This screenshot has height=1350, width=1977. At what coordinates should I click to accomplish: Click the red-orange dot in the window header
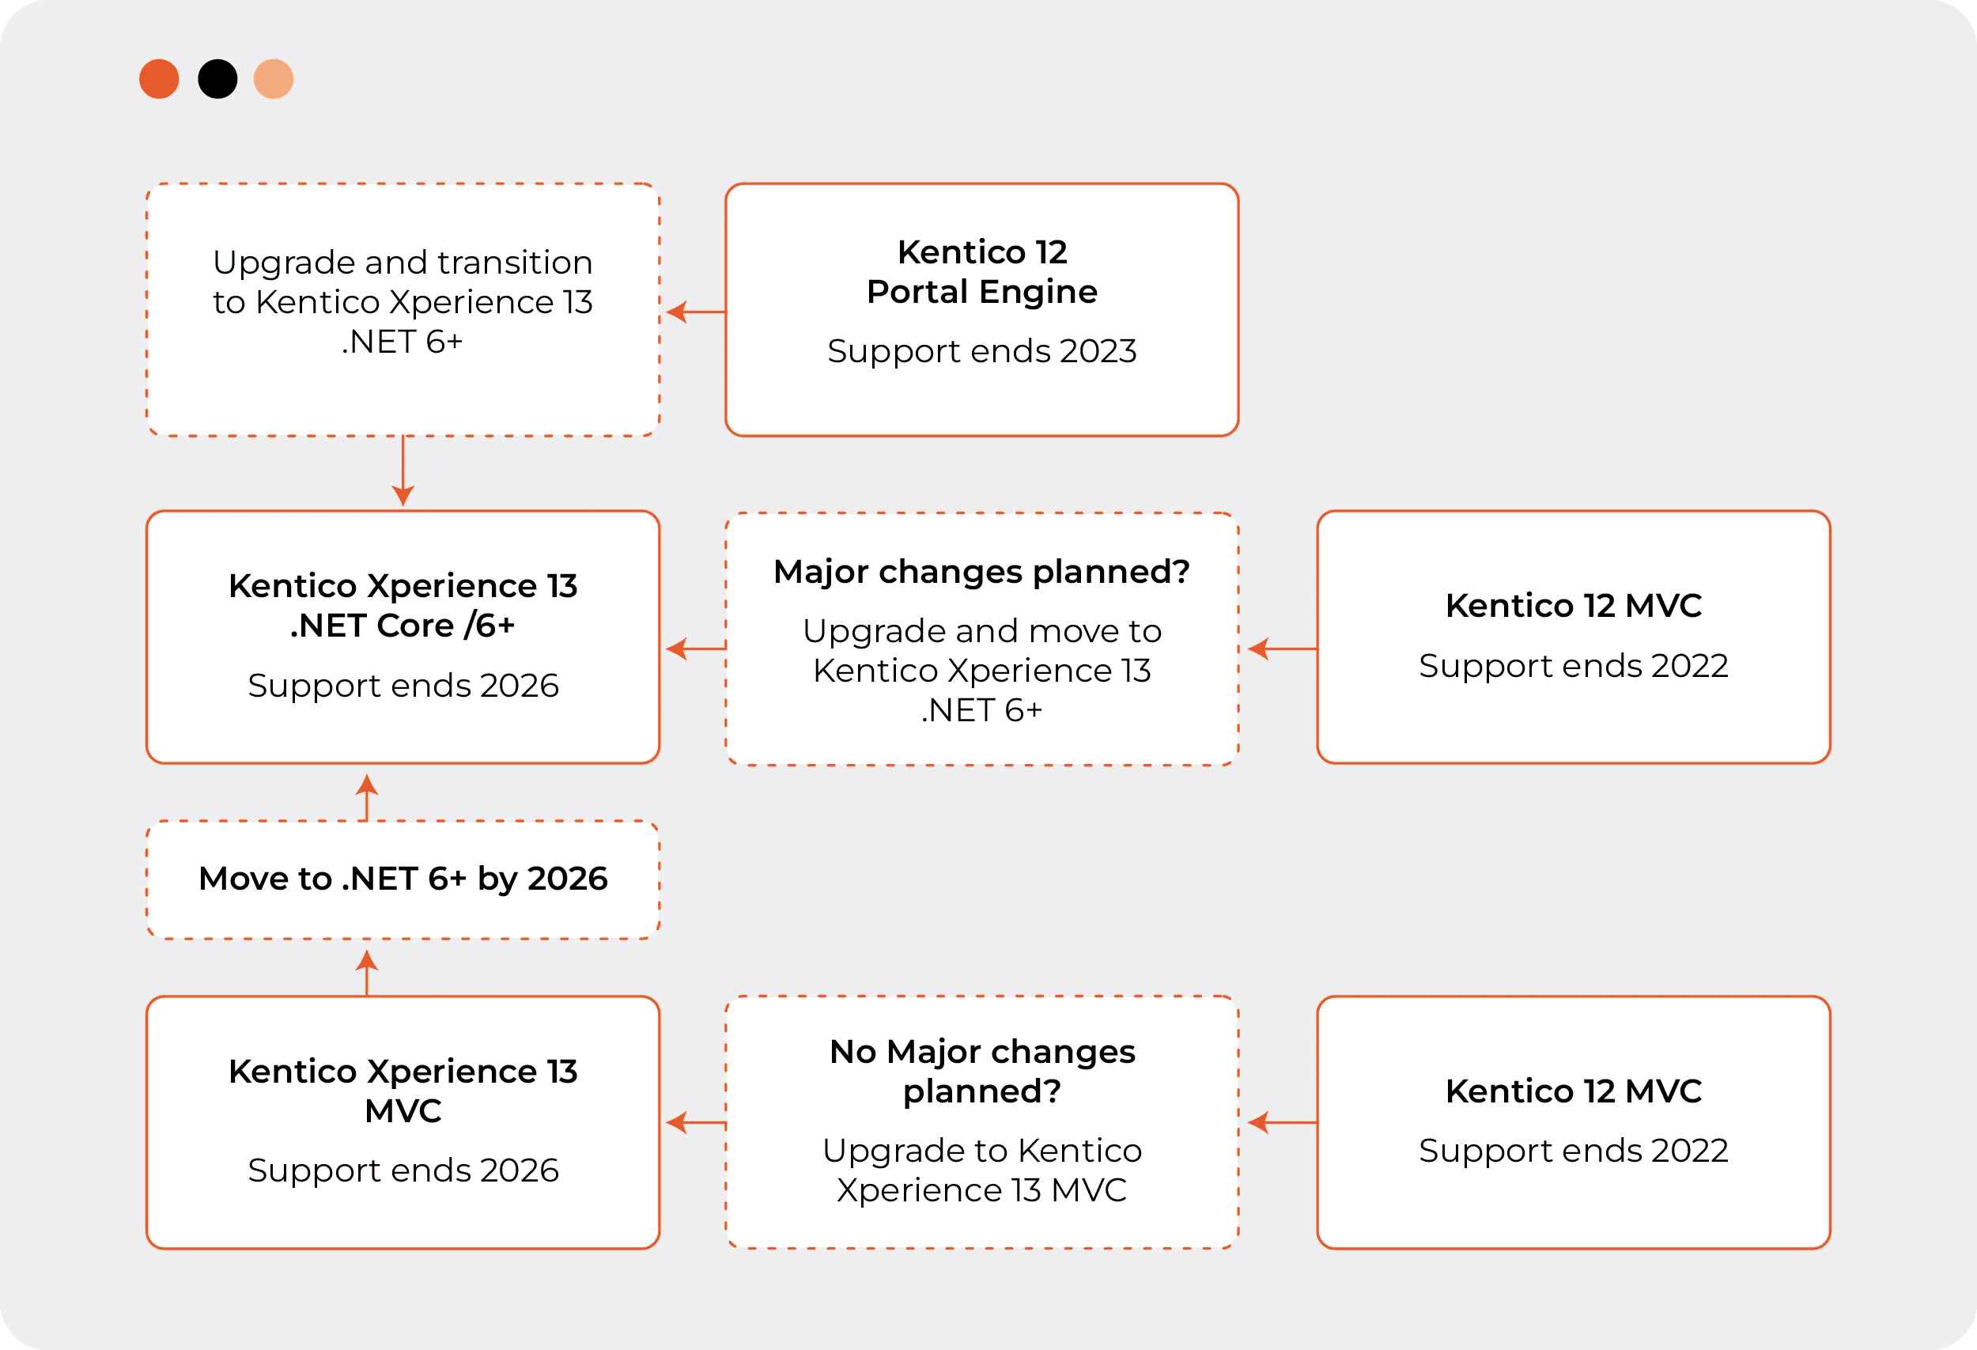(159, 79)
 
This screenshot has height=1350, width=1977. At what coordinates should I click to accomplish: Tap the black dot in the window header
(217, 79)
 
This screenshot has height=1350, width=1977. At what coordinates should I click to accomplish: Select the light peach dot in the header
(274, 79)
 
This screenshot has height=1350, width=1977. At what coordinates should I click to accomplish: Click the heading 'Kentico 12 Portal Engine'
(981, 271)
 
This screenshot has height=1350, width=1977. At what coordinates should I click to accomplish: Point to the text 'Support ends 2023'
(981, 350)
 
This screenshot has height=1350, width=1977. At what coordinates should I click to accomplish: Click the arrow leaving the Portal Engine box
(696, 312)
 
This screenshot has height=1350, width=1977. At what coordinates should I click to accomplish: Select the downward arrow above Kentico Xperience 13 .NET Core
(403, 471)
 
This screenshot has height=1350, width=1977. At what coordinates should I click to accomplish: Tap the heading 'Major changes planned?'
(981, 572)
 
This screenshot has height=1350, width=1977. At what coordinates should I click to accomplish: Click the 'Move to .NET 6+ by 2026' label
(403, 879)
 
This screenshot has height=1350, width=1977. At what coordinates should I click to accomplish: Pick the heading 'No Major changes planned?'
(981, 1071)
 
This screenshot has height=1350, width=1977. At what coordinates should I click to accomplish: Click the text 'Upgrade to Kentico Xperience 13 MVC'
(981, 1170)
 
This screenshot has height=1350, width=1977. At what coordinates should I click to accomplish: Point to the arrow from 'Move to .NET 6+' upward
(367, 798)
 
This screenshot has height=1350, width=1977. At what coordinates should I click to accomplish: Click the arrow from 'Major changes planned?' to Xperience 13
(696, 649)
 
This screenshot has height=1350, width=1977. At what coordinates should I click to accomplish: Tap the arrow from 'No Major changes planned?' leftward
(696, 1123)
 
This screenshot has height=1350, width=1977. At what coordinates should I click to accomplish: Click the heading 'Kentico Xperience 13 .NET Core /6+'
(403, 606)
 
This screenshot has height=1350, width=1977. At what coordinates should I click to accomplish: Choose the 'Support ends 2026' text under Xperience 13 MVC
(403, 1170)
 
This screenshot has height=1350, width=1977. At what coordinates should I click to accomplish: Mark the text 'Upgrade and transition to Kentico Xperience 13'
(403, 282)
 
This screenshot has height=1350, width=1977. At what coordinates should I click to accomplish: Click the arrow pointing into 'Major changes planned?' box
(1282, 649)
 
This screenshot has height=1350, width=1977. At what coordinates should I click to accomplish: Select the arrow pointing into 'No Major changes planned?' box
(1282, 1123)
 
